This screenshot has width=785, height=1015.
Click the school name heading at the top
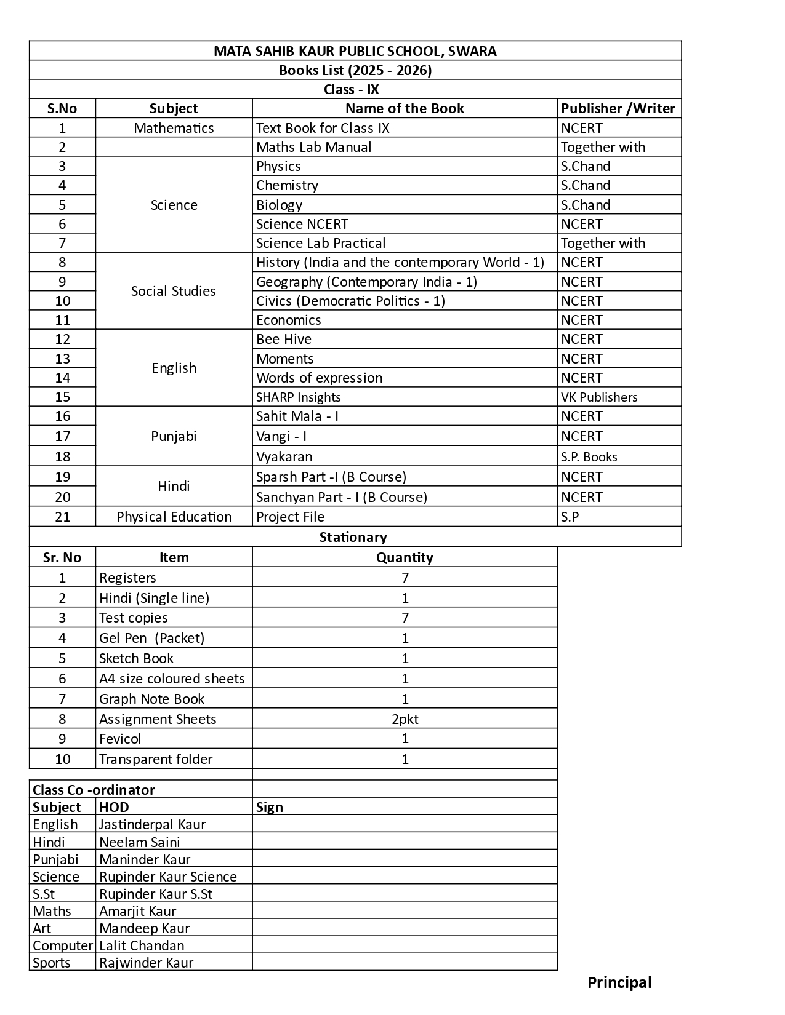tap(355, 51)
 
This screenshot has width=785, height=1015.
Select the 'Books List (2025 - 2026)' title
tap(355, 70)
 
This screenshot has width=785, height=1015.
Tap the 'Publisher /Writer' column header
tap(618, 108)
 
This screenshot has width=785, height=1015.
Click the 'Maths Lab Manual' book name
tap(314, 147)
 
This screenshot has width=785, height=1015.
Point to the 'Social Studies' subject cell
tap(174, 291)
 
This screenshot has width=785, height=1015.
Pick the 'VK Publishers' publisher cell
tap(599, 397)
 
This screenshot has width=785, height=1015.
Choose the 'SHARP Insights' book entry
tap(299, 397)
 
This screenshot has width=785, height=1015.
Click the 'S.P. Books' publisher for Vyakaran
tap(589, 456)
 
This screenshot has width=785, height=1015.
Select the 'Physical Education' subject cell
tap(174, 517)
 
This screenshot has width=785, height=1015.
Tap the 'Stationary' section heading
tap(353, 537)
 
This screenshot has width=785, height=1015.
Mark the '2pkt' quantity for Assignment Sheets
tap(405, 719)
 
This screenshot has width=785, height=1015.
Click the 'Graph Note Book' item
tap(151, 699)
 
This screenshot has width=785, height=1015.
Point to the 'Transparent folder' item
tap(156, 759)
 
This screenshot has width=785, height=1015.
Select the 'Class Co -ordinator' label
tap(94, 790)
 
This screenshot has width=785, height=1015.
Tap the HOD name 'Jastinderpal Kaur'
tap(152, 824)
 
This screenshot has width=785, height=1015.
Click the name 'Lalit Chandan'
tap(142, 945)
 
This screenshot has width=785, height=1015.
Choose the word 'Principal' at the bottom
tap(619, 982)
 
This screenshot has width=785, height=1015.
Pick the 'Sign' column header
tap(270, 807)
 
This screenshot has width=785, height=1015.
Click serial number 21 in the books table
tap(63, 517)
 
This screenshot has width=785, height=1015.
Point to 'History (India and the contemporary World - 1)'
tap(400, 262)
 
